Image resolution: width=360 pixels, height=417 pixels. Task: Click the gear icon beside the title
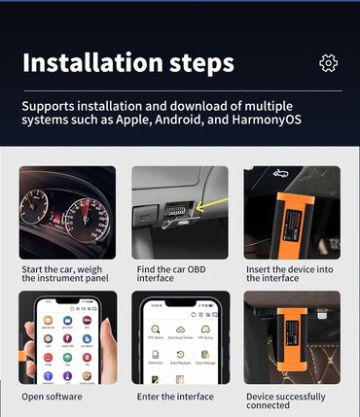click(329, 63)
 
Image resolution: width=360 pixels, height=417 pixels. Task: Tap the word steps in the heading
click(201, 64)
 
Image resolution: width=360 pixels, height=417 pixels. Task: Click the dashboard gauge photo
click(67, 212)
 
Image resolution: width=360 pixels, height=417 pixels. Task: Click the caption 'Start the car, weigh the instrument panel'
click(64, 273)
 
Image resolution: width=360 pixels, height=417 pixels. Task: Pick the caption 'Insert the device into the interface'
click(286, 273)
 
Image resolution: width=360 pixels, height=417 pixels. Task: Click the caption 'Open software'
click(52, 397)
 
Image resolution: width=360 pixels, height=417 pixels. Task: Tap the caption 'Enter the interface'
click(171, 397)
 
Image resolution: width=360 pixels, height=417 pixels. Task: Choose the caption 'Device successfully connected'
click(286, 401)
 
